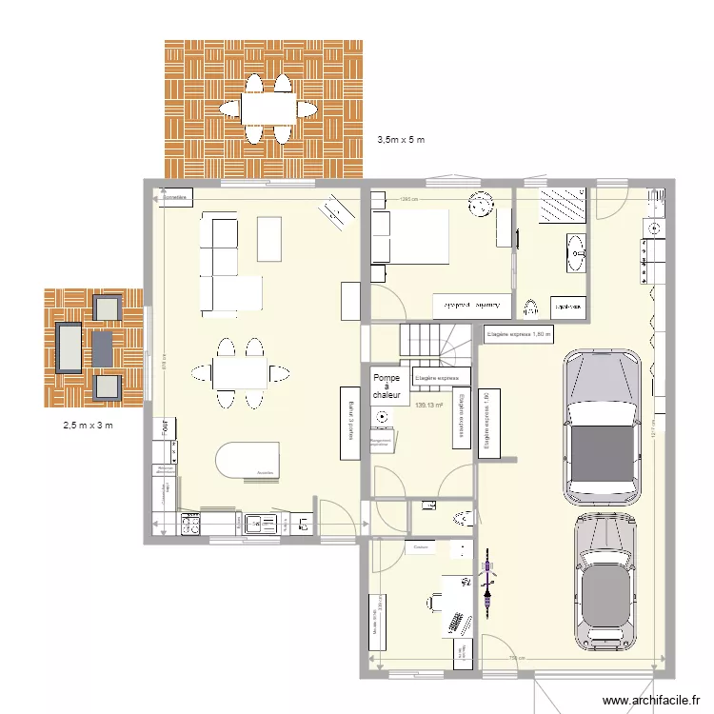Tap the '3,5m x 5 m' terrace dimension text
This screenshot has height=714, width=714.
pos(401,140)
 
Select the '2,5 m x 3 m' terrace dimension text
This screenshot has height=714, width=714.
pos(82,425)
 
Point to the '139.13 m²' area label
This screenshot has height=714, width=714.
pos(430,405)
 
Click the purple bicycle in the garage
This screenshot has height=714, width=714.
pos(488,581)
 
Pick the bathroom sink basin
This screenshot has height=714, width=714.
pos(576,251)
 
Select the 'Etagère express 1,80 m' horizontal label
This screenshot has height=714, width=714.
pos(519,334)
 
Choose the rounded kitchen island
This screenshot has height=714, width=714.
pos(248,460)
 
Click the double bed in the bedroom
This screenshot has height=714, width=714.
pos(410,236)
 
